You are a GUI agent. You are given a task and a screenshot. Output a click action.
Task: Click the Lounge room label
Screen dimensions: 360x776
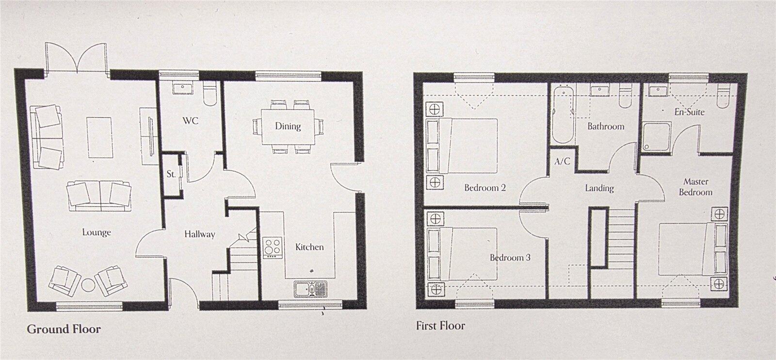point(97,232)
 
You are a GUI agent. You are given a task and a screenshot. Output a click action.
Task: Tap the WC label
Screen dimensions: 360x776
point(191,120)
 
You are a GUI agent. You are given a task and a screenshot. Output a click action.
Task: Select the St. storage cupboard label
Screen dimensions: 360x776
point(171,174)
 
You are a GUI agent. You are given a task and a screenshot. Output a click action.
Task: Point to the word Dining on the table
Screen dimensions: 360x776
point(288,126)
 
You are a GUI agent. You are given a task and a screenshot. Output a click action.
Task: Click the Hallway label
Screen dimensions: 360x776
point(199,234)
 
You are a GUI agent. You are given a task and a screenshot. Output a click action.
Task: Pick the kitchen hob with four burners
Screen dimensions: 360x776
point(273,247)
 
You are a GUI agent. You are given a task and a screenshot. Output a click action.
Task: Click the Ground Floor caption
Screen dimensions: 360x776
point(64,329)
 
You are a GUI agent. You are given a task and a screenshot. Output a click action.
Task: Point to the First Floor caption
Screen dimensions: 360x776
point(440,326)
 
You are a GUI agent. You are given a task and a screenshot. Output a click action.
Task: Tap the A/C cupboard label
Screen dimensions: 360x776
point(563,162)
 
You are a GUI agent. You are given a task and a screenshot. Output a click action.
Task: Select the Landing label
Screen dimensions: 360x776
point(599,188)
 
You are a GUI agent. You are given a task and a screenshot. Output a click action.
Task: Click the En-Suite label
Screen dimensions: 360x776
point(689,112)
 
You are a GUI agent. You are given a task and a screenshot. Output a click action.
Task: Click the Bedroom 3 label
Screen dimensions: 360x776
point(510,258)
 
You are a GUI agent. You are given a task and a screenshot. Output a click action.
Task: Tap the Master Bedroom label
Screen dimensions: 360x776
point(695,187)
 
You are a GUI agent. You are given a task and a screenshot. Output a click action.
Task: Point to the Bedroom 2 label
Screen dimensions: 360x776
point(485,188)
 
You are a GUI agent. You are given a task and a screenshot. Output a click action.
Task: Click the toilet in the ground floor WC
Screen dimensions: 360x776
point(210,96)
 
